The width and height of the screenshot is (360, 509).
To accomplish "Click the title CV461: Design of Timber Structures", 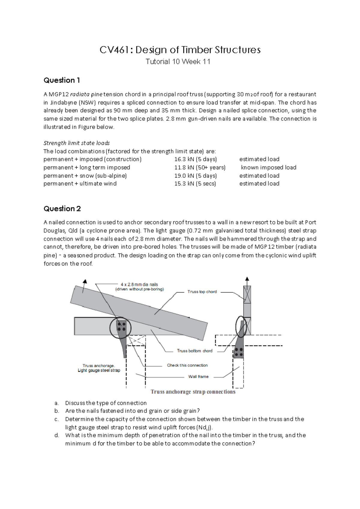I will (x=180, y=50).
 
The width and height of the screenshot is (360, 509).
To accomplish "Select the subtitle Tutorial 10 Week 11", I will (x=178, y=62).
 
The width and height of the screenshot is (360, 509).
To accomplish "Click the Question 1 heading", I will (x=61, y=80).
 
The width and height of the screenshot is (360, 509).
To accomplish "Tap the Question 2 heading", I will (x=62, y=209).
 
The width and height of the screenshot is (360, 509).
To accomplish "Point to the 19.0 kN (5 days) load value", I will (x=195, y=176).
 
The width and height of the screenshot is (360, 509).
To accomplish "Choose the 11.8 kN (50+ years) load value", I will (x=200, y=167).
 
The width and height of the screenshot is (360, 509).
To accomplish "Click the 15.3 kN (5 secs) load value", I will (x=195, y=184).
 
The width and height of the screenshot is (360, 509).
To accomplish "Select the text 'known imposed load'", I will (x=268, y=167).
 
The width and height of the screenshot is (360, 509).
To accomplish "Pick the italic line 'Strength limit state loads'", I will (x=76, y=143).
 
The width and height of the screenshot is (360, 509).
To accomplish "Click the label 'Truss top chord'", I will (x=202, y=292).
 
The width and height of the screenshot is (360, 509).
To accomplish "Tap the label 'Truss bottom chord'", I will (x=194, y=351).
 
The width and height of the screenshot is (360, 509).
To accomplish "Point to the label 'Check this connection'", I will (x=187, y=365).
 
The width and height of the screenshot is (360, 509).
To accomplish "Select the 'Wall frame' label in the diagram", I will (x=198, y=377).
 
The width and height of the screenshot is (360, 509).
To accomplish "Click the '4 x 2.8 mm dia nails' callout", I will (x=139, y=285).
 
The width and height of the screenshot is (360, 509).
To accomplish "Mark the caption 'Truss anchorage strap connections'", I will (x=193, y=392).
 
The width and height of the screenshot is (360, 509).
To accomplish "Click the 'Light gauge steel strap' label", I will (x=99, y=370).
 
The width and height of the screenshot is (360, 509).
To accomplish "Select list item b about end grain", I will (x=132, y=411).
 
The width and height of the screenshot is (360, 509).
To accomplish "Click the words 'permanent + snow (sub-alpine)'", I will (x=85, y=176).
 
